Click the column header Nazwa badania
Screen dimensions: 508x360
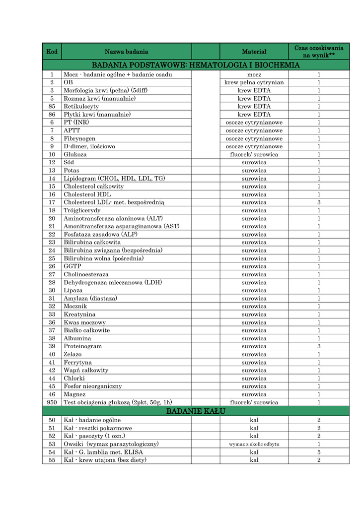126,52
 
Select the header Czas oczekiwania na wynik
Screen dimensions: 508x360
319,52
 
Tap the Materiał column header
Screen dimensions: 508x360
254,52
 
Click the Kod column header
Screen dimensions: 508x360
52,52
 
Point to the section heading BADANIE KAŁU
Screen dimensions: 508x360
196,412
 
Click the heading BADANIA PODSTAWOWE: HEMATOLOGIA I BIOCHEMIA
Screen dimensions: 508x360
196,65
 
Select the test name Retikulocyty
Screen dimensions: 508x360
81,107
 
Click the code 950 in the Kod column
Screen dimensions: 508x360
52,402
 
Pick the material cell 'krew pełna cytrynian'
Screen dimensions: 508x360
254,82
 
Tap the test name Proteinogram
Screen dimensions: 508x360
82,346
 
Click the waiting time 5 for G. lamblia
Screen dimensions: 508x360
319,452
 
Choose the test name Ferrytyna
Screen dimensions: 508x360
77,362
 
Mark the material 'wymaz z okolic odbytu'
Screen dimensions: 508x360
254,444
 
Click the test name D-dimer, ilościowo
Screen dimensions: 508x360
89,146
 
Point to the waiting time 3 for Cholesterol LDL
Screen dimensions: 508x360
319,202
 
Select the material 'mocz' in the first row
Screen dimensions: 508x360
254,74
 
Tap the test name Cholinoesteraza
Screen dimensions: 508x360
86,274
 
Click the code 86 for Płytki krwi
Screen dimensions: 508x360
52,115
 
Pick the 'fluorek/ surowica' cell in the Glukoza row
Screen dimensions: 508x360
254,154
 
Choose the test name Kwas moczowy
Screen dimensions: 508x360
84,322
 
